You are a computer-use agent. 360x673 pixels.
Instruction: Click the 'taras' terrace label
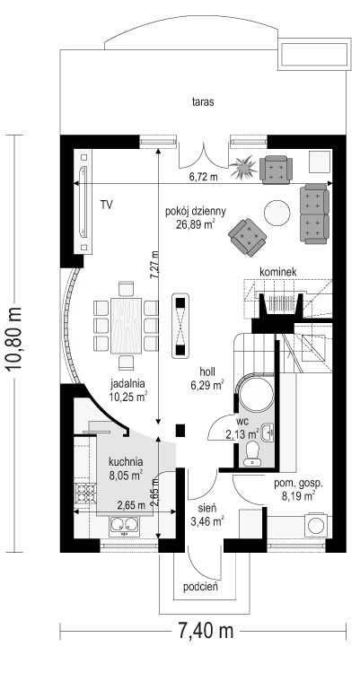(203, 102)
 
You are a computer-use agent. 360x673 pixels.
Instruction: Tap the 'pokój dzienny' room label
(196, 211)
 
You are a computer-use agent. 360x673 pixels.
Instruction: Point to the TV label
(107, 205)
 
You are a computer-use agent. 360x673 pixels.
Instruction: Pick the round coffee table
(277, 213)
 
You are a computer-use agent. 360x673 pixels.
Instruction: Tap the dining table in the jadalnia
(126, 326)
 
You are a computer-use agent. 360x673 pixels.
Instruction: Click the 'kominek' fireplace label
(278, 272)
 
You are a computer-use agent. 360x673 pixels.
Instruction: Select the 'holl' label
(207, 371)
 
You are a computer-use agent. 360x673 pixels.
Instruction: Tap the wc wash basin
(268, 433)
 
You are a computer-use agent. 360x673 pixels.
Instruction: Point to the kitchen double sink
(124, 525)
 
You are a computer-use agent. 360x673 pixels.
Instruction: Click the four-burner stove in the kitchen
(84, 493)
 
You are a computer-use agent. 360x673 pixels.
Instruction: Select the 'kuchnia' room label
(126, 462)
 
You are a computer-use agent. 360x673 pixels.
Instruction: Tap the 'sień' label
(207, 508)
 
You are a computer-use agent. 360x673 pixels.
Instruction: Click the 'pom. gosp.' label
(299, 483)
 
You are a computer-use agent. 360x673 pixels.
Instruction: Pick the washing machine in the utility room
(318, 525)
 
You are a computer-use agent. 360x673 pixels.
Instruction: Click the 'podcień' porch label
(200, 587)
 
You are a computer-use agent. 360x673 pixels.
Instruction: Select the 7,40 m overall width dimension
(203, 631)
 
